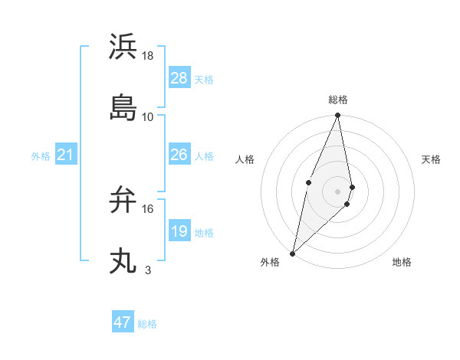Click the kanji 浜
[123, 46]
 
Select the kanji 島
[123, 108]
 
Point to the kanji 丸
[123, 261]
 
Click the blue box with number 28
[179, 78]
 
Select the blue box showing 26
[179, 155]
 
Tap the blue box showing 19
[179, 231]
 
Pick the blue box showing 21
[66, 155]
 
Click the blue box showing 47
[123, 322]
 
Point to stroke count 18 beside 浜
[148, 55]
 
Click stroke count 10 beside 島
[148, 116]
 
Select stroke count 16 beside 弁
[148, 208]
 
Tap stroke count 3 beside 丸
[148, 270]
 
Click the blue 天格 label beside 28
[204, 79]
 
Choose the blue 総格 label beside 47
[147, 324]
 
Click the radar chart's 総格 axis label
[338, 100]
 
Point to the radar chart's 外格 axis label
[270, 262]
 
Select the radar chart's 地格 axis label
[402, 262]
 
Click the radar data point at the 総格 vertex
[338, 116]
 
